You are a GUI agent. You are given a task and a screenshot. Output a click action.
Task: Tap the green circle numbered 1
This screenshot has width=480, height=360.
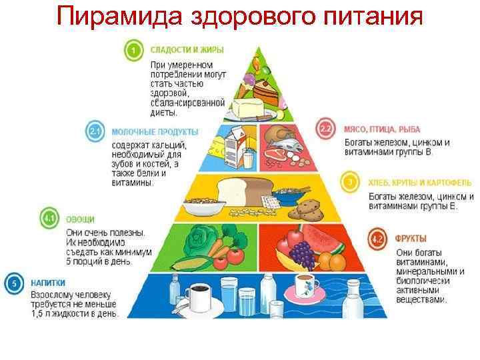click(134, 49)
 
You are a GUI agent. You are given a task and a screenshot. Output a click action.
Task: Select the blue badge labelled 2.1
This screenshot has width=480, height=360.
click(95, 131)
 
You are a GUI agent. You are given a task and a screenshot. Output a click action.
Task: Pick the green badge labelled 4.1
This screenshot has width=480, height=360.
click(50, 218)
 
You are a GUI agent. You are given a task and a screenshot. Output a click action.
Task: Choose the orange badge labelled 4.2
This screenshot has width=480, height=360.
click(377, 237)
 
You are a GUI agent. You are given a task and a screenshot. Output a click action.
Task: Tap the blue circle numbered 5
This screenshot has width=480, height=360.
click(12, 283)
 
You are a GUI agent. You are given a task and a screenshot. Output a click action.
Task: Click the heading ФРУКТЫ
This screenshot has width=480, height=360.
click(411, 238)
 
